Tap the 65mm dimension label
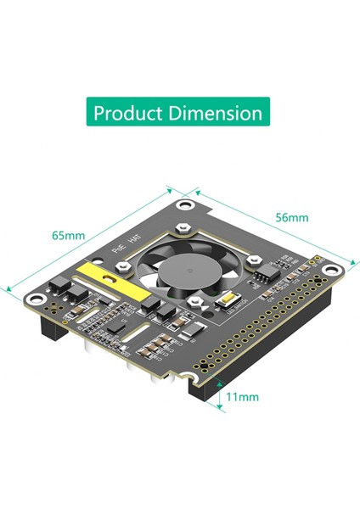(68, 235)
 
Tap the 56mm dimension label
(291, 217)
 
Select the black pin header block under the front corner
(204, 391)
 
